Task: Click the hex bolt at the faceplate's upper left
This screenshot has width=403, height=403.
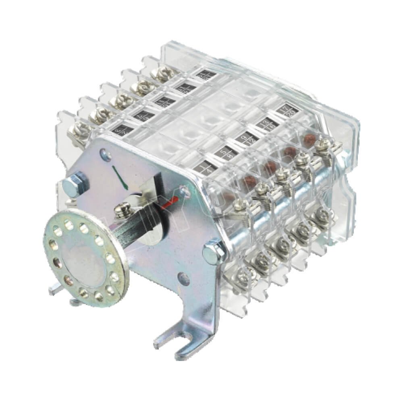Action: (x=76, y=184)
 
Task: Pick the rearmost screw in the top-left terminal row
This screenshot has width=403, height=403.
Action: (x=162, y=73)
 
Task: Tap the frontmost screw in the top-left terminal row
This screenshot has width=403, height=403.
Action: (x=79, y=130)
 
